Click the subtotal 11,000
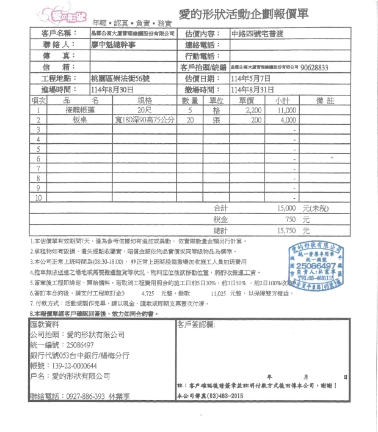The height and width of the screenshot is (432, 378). [x=287, y=111]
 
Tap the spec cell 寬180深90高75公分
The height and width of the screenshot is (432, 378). [x=144, y=121]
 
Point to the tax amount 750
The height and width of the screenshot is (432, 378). [x=290, y=219]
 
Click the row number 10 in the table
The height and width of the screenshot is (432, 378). [x=38, y=198]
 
